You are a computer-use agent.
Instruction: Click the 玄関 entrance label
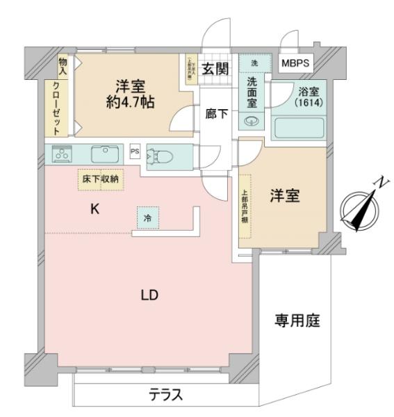pyautogui.click(x=215, y=68)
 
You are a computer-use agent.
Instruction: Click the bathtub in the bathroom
pyautogui.click(x=299, y=129)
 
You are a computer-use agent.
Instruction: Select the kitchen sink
pyautogui.click(x=106, y=152)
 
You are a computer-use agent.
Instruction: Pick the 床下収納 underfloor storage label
pyautogui.click(x=100, y=179)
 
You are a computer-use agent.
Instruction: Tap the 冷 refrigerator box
pyautogui.click(x=147, y=218)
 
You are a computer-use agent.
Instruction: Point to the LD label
pyautogui.click(x=149, y=295)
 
